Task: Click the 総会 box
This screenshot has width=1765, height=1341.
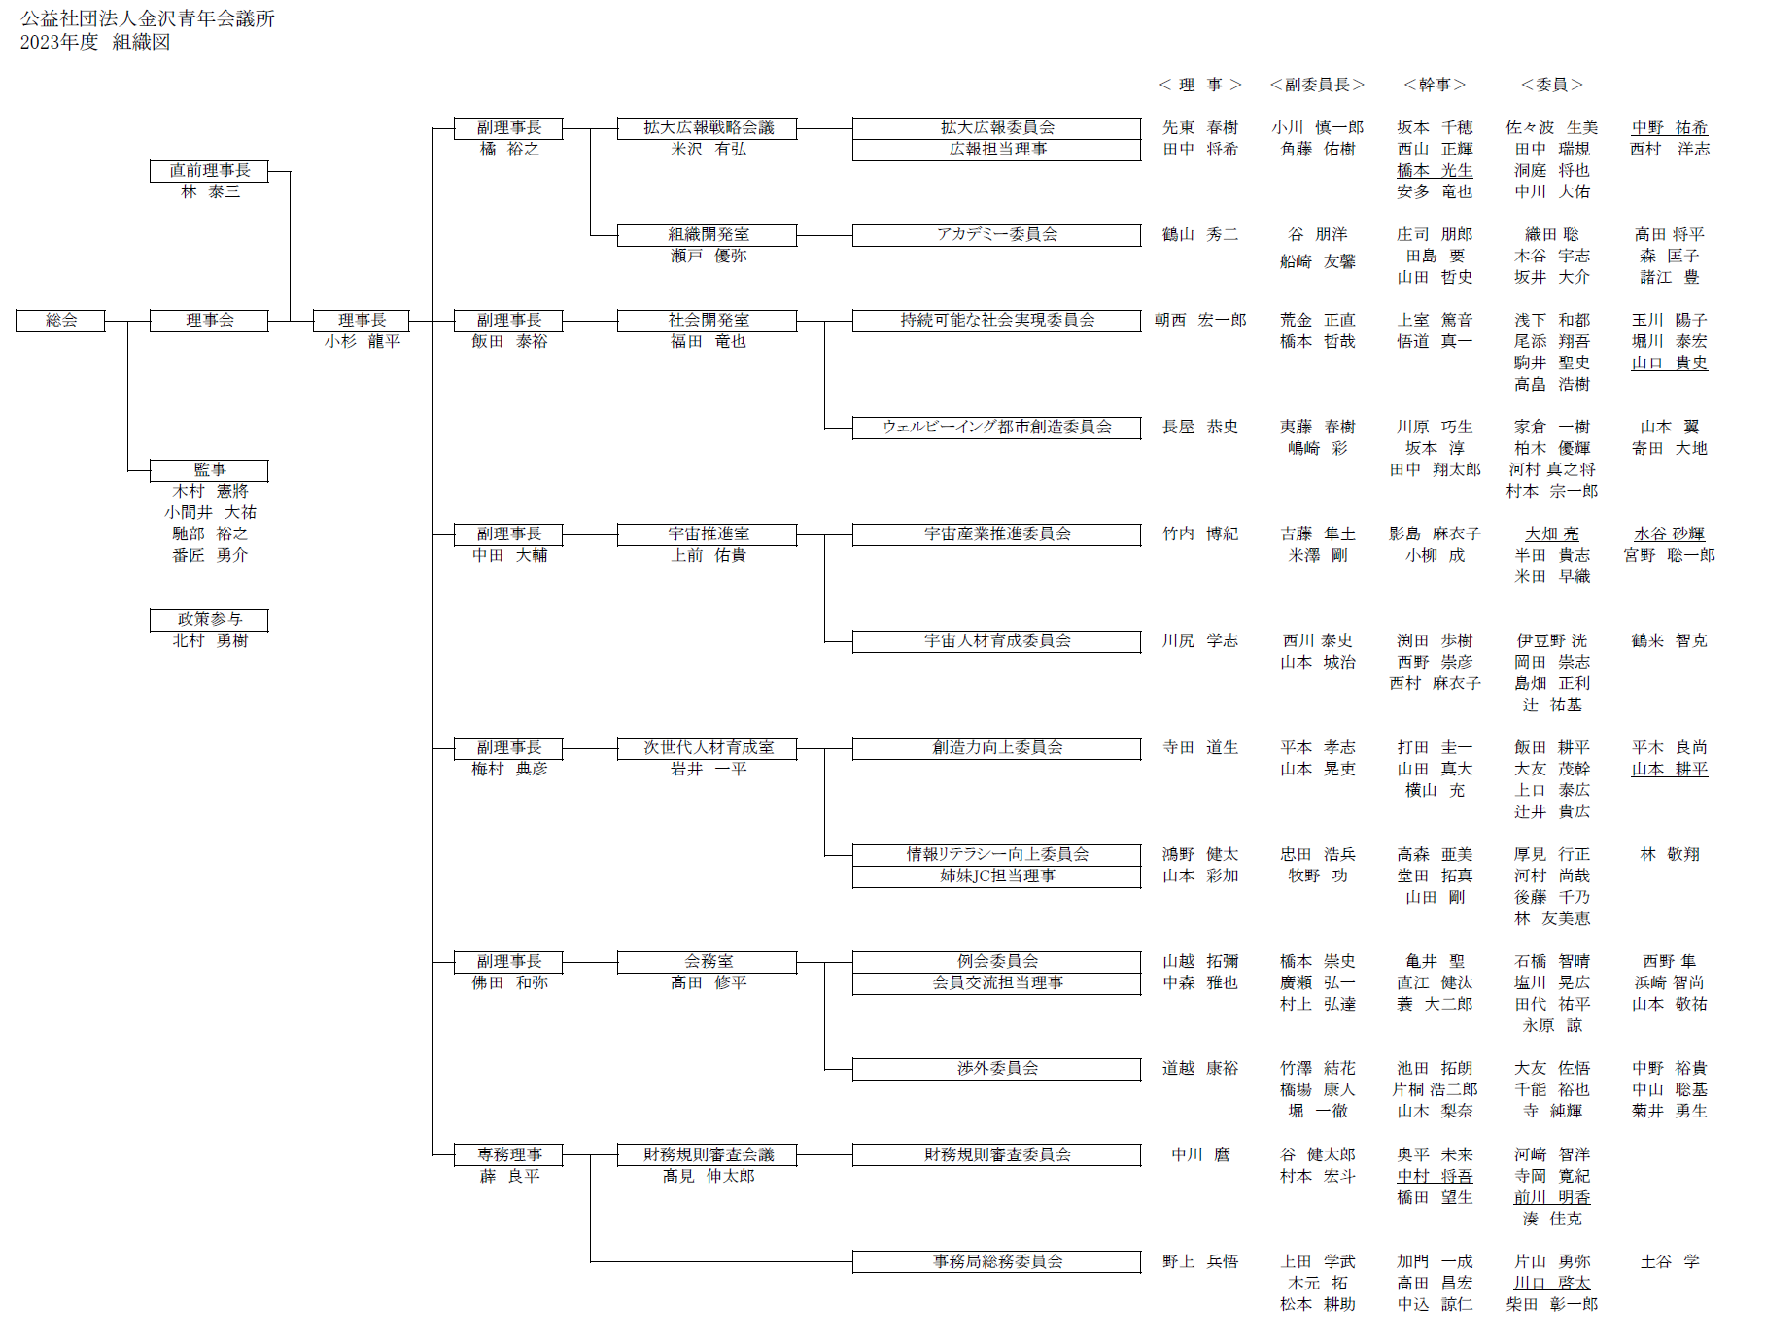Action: point(60,321)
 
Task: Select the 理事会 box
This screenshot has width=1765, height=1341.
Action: point(209,321)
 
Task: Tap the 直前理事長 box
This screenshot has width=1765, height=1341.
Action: point(209,171)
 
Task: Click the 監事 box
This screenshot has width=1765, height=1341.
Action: point(209,470)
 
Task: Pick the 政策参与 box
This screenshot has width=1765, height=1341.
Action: point(209,620)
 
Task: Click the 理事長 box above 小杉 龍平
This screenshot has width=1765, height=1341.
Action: point(362,321)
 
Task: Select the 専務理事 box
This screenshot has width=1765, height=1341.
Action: point(508,1155)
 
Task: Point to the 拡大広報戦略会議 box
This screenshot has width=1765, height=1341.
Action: point(708,128)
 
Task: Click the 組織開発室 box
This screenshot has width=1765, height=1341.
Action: point(708,235)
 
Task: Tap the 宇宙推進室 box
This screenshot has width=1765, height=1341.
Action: point(708,534)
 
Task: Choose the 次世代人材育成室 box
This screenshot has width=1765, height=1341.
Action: point(708,748)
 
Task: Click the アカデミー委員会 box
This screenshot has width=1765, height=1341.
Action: point(996,235)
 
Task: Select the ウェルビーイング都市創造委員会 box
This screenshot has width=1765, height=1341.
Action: point(996,428)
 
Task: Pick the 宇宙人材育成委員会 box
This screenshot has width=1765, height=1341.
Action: point(996,641)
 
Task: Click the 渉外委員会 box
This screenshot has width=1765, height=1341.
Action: point(996,1069)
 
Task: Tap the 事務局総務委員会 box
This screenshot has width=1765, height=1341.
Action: point(996,1262)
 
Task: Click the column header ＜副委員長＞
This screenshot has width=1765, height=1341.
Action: point(1317,86)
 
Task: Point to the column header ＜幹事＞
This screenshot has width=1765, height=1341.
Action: point(1435,86)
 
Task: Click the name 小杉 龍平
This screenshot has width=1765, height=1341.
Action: point(362,342)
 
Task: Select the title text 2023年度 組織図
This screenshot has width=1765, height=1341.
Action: point(95,42)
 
